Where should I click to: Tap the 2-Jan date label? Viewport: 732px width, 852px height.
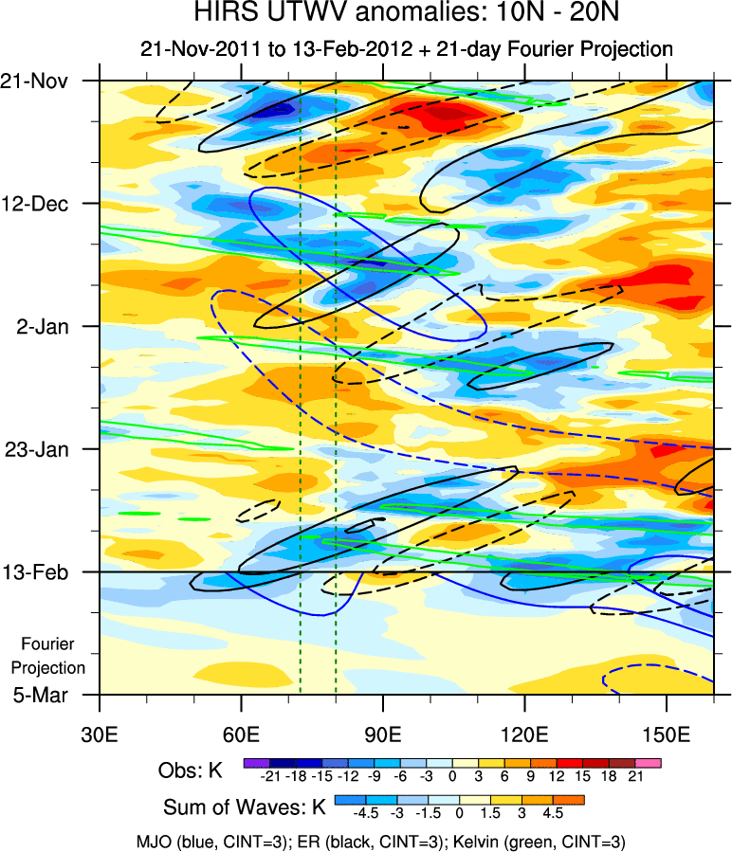point(46,326)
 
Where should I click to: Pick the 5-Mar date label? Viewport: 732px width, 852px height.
point(44,695)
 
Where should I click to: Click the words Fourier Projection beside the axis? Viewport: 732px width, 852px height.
point(53,656)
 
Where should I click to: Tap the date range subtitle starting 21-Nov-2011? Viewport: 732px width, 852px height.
point(406,48)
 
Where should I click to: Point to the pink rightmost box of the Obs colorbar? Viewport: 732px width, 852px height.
point(649,762)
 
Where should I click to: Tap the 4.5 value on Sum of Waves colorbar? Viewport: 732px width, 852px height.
point(553,813)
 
